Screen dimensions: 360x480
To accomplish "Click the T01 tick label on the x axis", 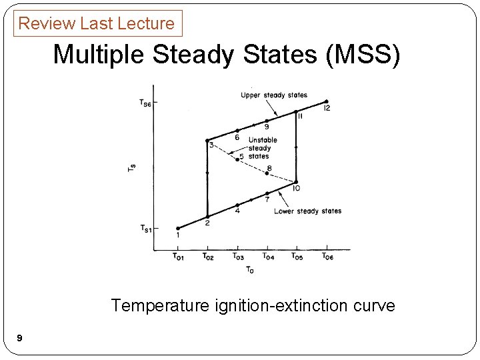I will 179,257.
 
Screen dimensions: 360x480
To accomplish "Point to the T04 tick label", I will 268,257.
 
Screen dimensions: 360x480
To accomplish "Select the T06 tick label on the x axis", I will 328,257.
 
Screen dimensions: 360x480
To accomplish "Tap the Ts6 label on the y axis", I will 145,102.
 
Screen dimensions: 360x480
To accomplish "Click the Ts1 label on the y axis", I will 145,229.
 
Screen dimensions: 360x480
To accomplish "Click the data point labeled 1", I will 178,228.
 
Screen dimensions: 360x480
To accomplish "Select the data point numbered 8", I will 267,173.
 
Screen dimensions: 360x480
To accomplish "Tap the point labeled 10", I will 297,181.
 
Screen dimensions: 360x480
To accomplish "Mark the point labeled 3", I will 207,141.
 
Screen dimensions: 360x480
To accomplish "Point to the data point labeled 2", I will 207,217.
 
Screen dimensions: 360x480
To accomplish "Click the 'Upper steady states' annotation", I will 274,95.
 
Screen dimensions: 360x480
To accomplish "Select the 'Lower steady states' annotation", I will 307,211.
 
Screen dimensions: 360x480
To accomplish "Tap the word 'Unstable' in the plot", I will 263,140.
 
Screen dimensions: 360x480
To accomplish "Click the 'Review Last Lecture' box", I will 97,23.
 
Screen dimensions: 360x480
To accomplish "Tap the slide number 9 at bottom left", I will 19,339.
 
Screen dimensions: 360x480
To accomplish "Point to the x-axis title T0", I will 250,269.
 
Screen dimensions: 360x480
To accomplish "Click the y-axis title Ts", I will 131,169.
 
